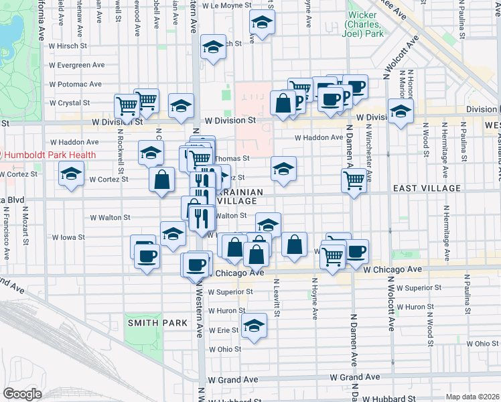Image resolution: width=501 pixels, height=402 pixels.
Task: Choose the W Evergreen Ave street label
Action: point(76,66)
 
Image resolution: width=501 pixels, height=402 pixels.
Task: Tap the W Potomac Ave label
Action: point(75,84)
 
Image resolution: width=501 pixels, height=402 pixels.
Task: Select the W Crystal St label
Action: point(70,103)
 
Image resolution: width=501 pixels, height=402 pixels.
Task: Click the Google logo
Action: point(22,394)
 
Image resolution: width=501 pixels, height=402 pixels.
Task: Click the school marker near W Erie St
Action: point(253,326)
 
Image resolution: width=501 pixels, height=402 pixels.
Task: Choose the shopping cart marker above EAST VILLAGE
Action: point(353,179)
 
